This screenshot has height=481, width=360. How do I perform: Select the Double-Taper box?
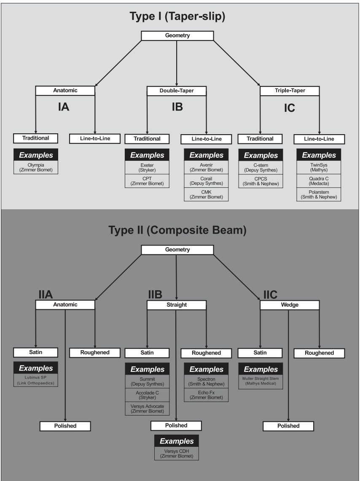177,91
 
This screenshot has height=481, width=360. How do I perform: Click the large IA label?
63,107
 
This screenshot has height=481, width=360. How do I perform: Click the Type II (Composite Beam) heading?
177,231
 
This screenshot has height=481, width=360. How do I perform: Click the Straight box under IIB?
177,305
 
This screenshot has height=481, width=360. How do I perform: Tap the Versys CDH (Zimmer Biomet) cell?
176,454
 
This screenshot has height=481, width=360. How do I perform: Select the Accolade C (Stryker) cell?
147,395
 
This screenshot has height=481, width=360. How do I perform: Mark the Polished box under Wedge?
288,426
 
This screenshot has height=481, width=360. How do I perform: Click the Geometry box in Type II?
177,250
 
